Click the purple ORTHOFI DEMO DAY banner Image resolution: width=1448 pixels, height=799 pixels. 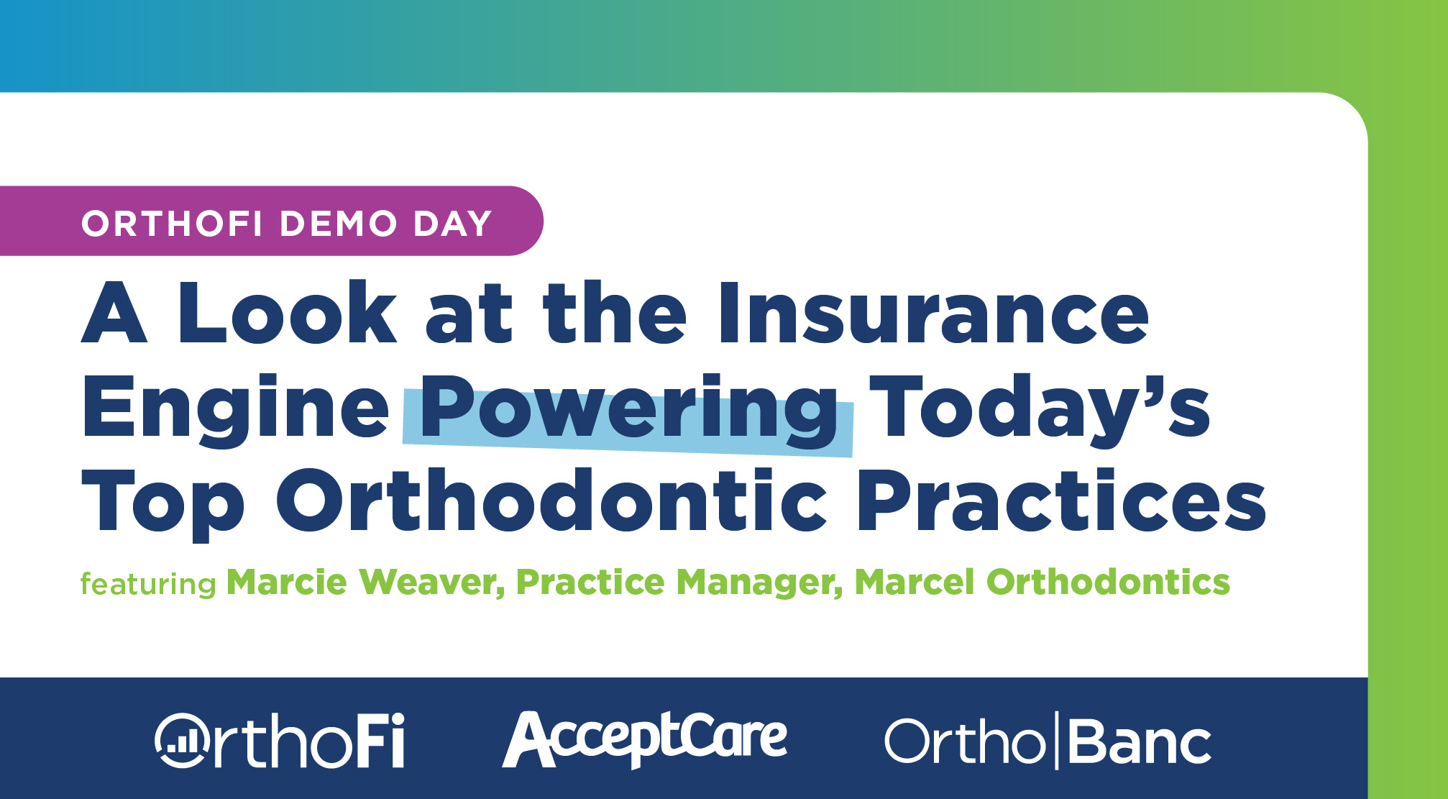(x=271, y=221)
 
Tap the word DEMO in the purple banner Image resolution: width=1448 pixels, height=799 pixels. (x=339, y=224)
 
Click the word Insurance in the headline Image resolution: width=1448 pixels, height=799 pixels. (x=934, y=313)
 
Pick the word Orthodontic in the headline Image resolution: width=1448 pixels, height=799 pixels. (x=552, y=501)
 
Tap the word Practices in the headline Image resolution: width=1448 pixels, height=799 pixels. (x=1061, y=501)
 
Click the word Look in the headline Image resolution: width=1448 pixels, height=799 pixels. (x=287, y=313)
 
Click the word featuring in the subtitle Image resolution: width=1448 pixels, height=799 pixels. (x=148, y=583)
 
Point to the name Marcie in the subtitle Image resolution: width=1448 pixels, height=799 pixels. (x=287, y=582)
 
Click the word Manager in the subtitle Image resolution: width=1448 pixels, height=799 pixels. (x=759, y=583)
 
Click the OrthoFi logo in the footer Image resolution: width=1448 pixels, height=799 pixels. (x=280, y=741)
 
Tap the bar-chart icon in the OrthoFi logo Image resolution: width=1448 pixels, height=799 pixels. (x=180, y=741)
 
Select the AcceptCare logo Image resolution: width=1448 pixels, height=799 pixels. (x=645, y=739)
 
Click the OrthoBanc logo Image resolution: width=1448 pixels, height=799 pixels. (x=1048, y=741)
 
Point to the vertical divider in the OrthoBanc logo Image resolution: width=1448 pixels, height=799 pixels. (x=1057, y=741)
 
